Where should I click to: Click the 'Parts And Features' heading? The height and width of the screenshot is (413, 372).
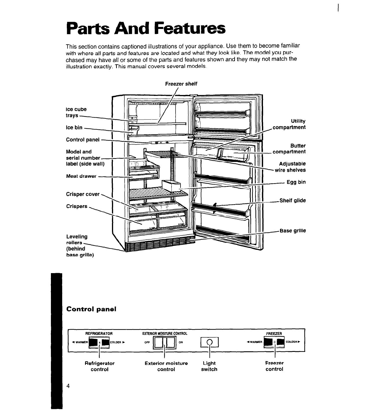tap(146, 28)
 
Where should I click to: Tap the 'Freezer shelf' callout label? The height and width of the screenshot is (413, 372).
tap(181, 84)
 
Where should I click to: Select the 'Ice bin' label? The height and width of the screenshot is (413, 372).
tap(74, 127)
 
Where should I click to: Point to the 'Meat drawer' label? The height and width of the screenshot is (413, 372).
tap(81, 176)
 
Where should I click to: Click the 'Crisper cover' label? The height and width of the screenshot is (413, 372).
tap(83, 194)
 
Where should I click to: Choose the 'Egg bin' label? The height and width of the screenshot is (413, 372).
tap(296, 182)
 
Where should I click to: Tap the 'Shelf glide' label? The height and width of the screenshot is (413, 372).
tap(292, 200)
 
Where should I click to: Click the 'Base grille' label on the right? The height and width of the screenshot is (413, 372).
tap(292, 231)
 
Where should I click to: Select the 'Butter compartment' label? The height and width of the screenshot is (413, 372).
tap(289, 149)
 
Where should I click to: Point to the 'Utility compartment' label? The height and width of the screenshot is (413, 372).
tap(289, 124)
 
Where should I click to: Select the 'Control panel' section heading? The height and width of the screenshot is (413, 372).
tap(91, 309)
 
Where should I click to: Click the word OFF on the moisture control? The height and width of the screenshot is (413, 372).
tap(147, 342)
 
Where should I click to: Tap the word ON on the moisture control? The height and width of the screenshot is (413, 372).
tap(181, 342)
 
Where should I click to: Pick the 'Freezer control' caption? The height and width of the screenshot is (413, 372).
tap(274, 366)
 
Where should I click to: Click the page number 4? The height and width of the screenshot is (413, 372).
tap(68, 386)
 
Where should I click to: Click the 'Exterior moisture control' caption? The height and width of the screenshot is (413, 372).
tap(166, 366)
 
